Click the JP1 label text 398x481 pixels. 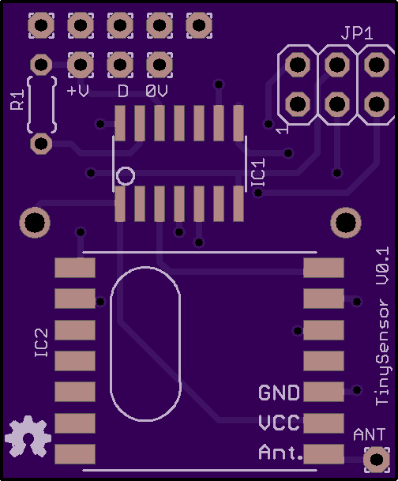[357, 33]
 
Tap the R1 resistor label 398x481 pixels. [17, 100]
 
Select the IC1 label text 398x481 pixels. [258, 172]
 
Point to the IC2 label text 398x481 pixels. [41, 343]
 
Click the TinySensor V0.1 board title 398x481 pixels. [382, 326]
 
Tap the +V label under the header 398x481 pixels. [78, 91]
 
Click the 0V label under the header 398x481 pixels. [156, 91]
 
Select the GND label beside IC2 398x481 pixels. [279, 393]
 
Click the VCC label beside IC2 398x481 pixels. [279, 423]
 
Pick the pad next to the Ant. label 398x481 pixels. [324, 453]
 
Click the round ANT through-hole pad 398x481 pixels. [377, 460]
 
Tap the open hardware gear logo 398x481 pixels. [28, 436]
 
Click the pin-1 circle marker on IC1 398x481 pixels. [126, 176]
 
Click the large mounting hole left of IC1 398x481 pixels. [35, 223]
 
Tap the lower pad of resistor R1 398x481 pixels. [41, 143]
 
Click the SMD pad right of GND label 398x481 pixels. [324, 392]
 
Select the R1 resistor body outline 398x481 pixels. [28, 104]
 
